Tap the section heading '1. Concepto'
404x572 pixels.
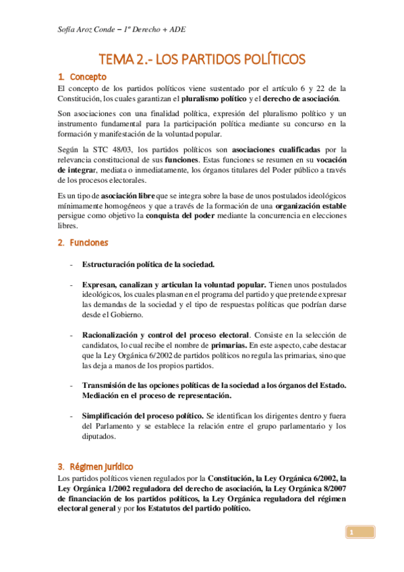tap(82, 77)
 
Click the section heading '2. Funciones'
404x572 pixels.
tap(83, 242)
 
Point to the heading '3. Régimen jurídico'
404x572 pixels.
tap(95, 467)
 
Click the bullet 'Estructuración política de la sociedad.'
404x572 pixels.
tap(149, 264)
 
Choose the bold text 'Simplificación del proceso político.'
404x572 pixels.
tap(142, 416)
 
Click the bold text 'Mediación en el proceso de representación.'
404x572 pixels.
tap(157, 395)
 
